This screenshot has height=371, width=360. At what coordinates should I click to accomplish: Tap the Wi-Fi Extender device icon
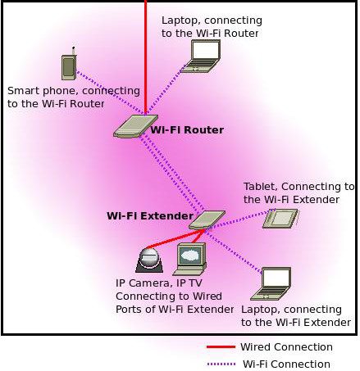[x=207, y=219]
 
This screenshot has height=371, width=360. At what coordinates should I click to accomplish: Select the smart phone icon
[x=69, y=67]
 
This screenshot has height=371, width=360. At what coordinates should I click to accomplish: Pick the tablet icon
[x=280, y=218]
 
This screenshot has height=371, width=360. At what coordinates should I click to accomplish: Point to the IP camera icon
[x=148, y=260]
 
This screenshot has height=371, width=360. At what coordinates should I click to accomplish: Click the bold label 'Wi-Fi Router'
[x=187, y=129]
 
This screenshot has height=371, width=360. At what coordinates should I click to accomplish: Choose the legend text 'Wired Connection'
[x=285, y=347]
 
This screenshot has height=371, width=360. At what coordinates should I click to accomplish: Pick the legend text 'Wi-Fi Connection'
[x=286, y=364]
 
